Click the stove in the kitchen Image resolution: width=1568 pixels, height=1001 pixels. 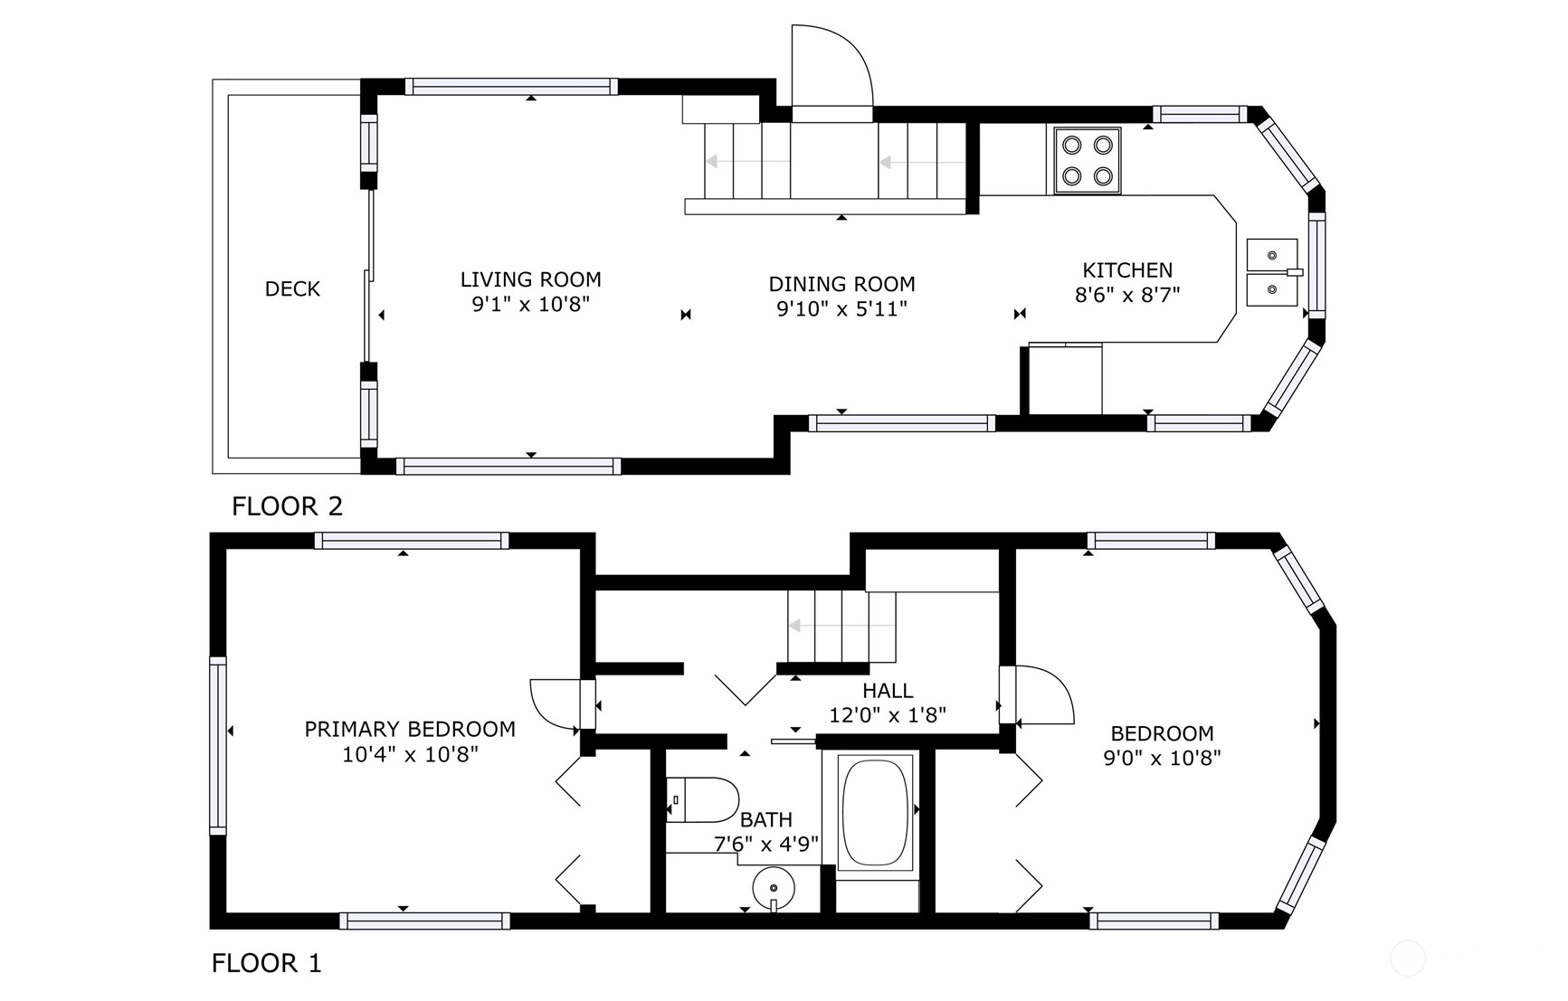tap(1087, 159)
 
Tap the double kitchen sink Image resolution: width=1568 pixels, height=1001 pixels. tap(1272, 272)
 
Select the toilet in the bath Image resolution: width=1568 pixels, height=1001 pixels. tap(703, 799)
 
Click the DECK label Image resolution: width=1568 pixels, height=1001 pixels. tap(292, 289)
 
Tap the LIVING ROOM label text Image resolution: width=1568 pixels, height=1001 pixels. tap(531, 280)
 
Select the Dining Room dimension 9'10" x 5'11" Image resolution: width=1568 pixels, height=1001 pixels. tap(842, 309)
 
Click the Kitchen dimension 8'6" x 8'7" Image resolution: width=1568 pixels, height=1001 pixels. tap(1127, 295)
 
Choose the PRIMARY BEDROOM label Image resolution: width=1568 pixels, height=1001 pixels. tap(410, 729)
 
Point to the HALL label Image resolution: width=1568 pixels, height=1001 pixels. tap(888, 691)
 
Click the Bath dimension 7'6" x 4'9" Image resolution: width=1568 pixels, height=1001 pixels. tap(766, 844)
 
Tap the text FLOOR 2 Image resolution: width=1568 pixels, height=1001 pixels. tap(288, 506)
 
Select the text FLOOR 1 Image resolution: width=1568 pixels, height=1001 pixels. tap(267, 964)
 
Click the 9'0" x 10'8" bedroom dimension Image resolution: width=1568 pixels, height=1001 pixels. tap(1163, 758)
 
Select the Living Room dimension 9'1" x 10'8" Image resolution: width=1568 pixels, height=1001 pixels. tap(531, 305)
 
